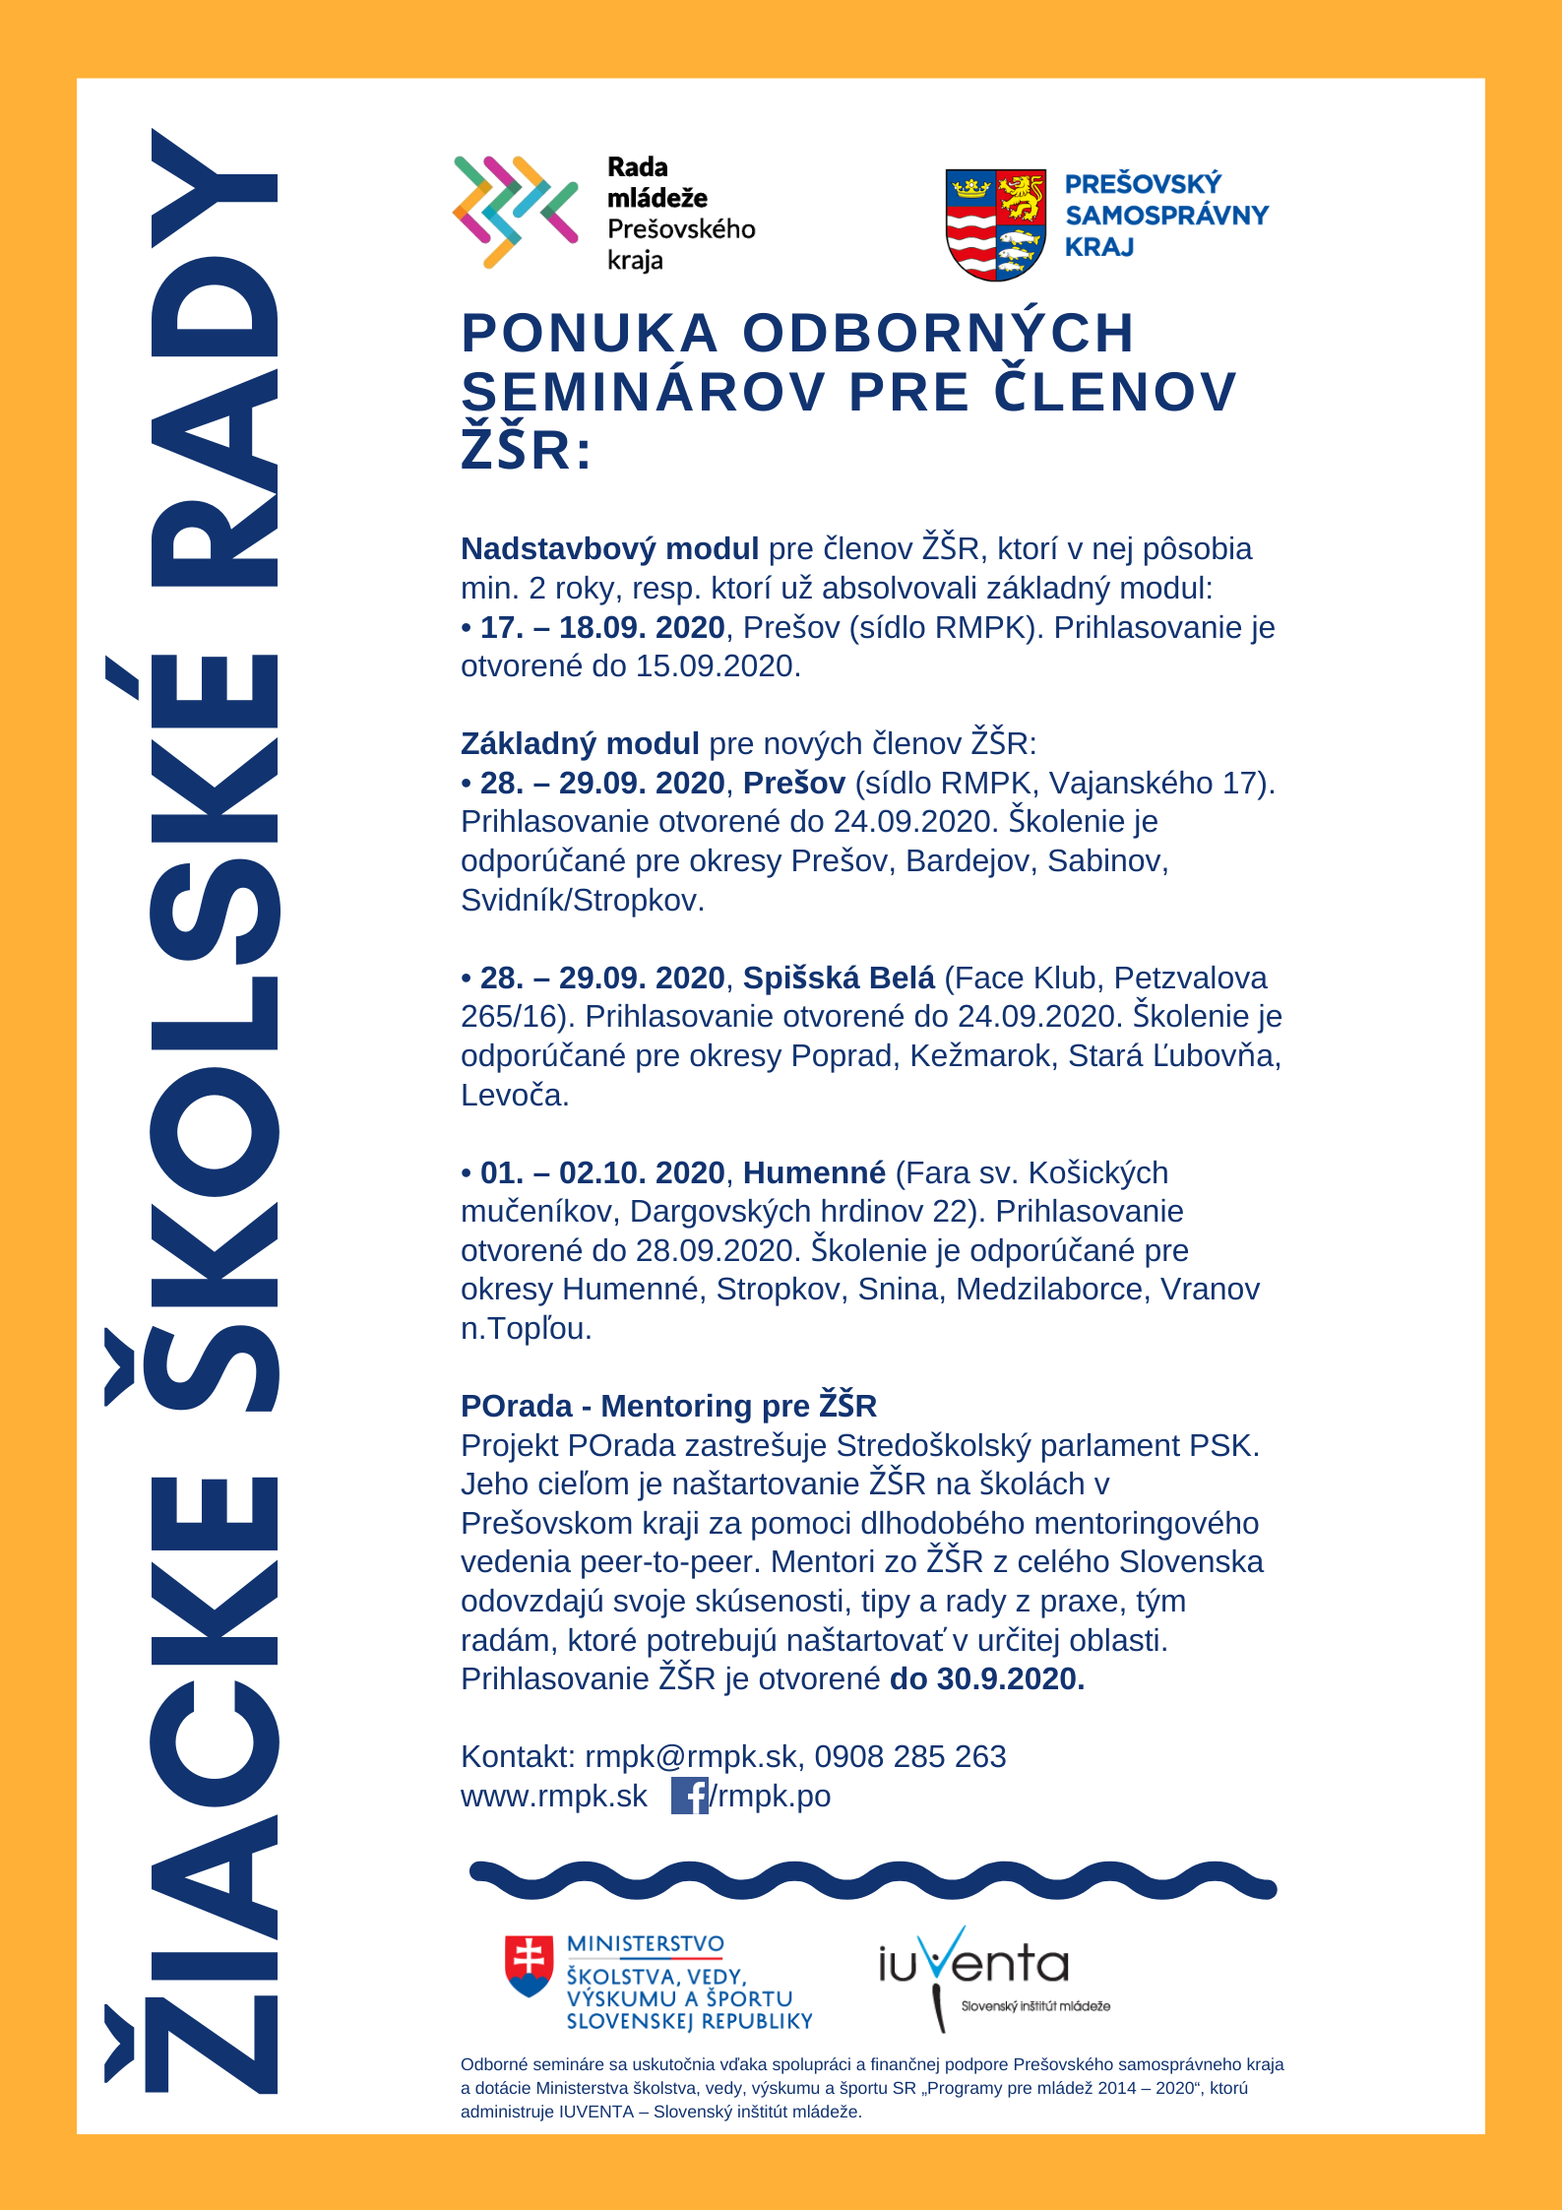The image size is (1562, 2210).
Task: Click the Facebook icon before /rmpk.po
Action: point(689,1796)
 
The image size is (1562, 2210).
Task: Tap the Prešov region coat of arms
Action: point(995,223)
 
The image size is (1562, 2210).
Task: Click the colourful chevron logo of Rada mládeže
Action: point(514,212)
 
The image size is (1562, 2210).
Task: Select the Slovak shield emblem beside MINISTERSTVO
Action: point(529,1966)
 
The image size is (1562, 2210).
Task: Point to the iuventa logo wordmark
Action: point(972,1963)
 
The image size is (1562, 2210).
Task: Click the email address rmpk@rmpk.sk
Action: point(691,1756)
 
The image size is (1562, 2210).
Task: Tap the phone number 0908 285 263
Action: point(909,1756)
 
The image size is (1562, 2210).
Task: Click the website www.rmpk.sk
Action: point(553,1796)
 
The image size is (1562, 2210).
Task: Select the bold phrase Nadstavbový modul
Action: point(609,548)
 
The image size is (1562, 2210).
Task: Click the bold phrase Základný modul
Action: point(580,743)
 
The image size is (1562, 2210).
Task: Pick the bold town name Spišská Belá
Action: point(839,978)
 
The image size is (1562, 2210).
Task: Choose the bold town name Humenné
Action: point(814,1172)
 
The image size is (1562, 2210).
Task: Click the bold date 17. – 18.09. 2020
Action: point(601,627)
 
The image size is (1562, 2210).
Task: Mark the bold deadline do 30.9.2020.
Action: point(986,1678)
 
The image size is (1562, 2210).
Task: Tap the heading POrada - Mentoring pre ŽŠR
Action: point(668,1406)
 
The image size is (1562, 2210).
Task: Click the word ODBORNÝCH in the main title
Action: point(938,333)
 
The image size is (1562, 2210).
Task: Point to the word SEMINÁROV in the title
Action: point(643,392)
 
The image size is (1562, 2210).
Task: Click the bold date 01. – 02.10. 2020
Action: point(601,1172)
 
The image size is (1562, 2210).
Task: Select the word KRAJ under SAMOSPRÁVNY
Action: point(1099,247)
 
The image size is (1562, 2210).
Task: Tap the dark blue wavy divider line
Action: point(872,1880)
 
